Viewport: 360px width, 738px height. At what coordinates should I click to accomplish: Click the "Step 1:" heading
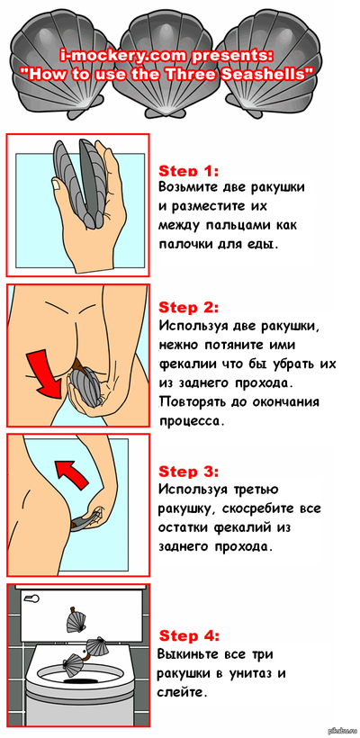click(189, 170)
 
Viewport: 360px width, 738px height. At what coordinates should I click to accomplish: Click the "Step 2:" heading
click(189, 308)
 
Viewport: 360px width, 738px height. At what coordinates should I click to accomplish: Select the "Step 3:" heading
click(189, 471)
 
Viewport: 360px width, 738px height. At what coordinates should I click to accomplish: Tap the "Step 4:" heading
click(189, 636)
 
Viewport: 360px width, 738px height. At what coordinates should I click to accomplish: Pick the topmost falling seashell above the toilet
click(75, 620)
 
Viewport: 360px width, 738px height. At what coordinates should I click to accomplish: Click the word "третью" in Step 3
click(257, 490)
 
